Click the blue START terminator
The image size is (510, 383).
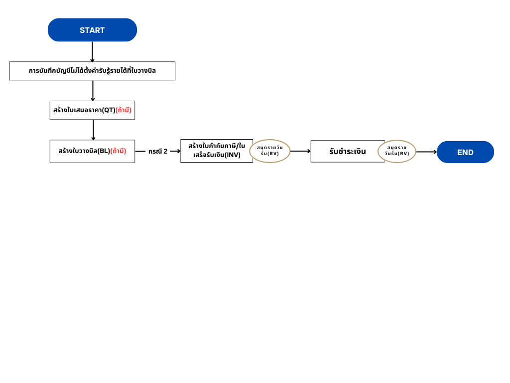point(92,30)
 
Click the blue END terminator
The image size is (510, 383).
point(466,152)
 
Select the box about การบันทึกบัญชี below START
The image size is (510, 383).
point(92,71)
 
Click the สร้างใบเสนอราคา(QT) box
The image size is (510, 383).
point(92,110)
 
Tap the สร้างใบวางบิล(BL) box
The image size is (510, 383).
point(92,152)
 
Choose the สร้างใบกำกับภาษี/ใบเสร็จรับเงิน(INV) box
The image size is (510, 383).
point(217,151)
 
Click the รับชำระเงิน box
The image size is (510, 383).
point(348,152)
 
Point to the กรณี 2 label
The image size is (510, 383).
point(158,152)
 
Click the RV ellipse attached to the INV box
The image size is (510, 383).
point(269,151)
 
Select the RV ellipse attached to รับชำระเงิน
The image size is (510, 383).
point(397,151)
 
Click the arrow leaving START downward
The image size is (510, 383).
point(92,52)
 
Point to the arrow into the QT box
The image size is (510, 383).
point(93,91)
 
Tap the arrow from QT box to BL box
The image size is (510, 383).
point(93,130)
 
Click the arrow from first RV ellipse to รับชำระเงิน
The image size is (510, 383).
point(300,151)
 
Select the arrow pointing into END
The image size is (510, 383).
point(427,152)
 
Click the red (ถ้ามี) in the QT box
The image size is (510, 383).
point(124,110)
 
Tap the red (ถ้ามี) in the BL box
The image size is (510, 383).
point(119,151)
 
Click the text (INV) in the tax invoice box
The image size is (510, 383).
point(233,155)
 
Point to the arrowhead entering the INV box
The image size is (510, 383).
point(179,151)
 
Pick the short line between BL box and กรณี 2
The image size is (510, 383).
point(140,152)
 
